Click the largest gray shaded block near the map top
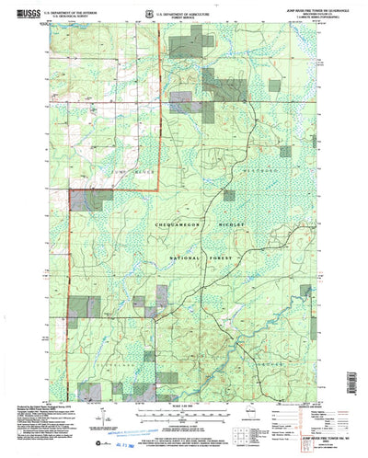(x=221, y=89)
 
